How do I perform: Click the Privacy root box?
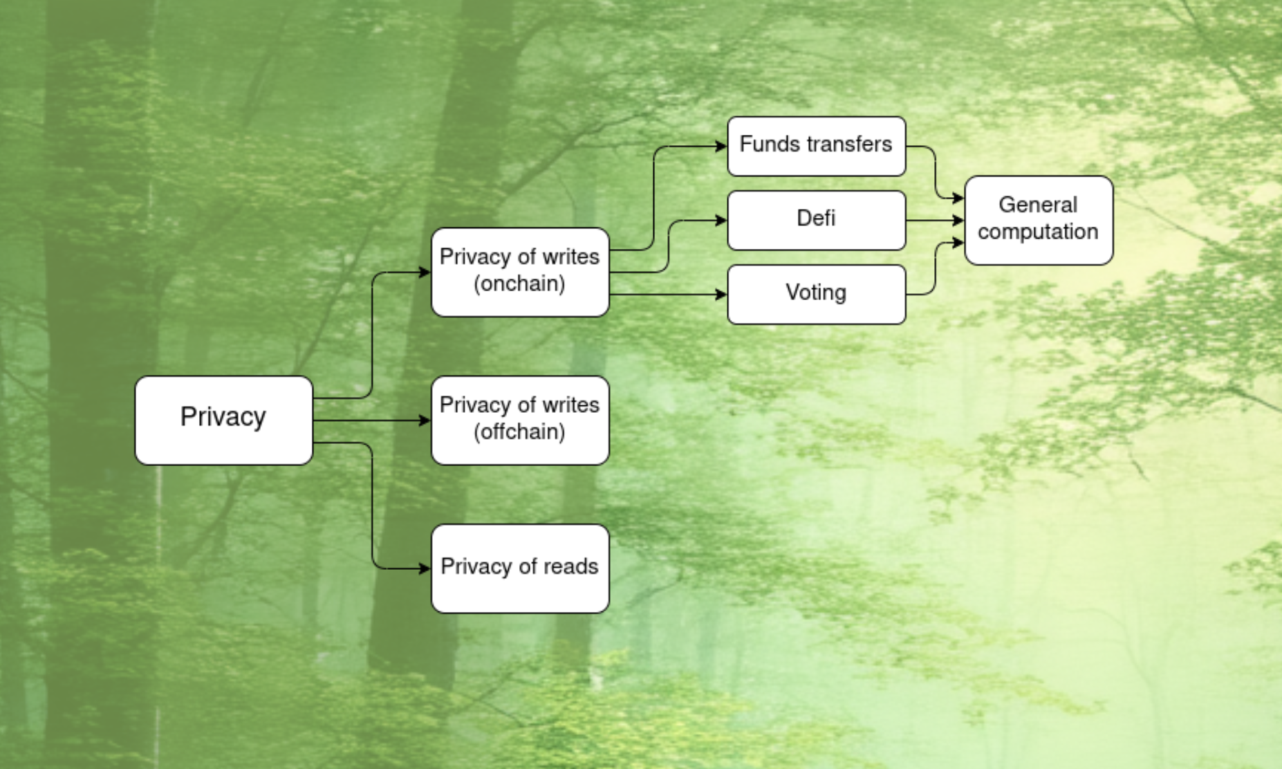[224, 420]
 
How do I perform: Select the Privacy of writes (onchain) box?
[520, 272]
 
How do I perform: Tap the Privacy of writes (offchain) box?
[520, 420]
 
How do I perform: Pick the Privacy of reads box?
[520, 568]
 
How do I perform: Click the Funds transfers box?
[817, 146]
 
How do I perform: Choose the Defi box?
[817, 220]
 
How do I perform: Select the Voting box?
[817, 294]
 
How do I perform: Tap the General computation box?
[1039, 220]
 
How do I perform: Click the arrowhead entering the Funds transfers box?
[721, 146]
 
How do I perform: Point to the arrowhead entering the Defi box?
[721, 220]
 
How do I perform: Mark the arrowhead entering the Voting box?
[721, 294]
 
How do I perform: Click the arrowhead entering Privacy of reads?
[425, 568]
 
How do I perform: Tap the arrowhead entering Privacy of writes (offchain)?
[425, 420]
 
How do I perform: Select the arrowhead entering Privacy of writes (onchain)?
[425, 272]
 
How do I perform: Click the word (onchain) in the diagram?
[519, 284]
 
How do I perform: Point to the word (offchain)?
[519, 432]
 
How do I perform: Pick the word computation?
[1038, 232]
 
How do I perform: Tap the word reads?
[571, 566]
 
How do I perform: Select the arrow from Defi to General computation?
[935, 220]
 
